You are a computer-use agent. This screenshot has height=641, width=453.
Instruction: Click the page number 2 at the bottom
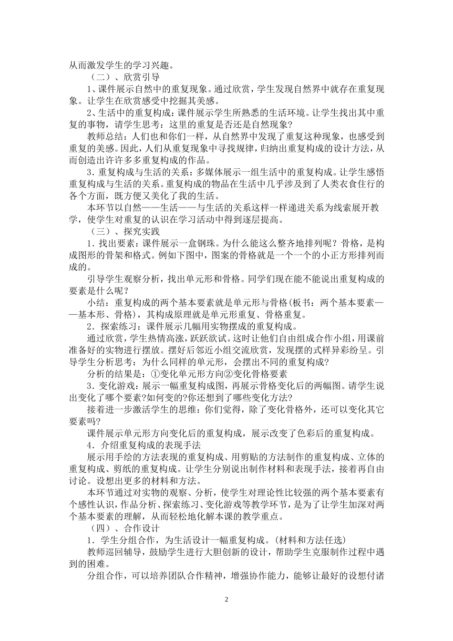(x=226, y=599)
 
